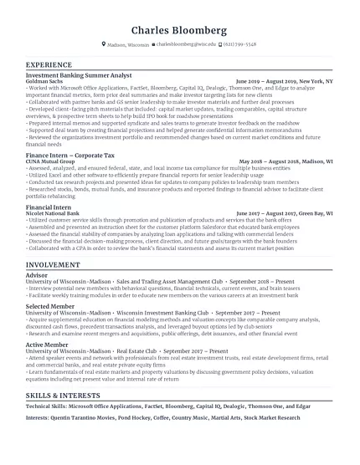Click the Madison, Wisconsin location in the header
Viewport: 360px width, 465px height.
coord(126,43)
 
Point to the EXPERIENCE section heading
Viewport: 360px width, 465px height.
coord(49,64)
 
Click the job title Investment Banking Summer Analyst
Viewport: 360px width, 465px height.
coord(79,75)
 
